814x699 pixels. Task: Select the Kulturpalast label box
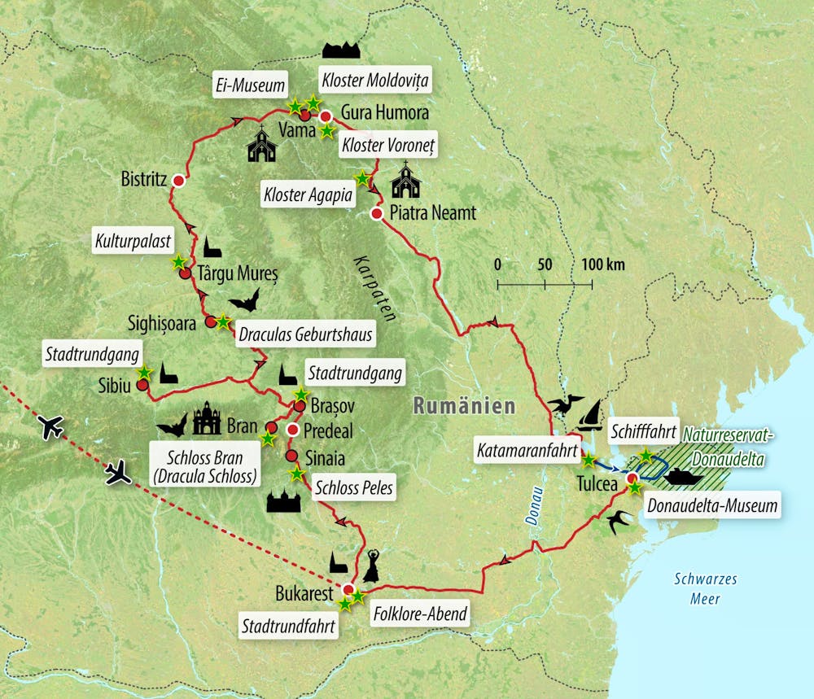click(133, 242)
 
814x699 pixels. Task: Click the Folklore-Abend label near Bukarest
click(419, 614)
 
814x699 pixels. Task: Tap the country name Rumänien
click(464, 405)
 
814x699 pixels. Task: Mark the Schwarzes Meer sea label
click(705, 588)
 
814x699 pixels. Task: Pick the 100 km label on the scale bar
click(603, 265)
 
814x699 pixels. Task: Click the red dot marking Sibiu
click(142, 386)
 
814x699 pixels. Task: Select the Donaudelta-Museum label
click(712, 506)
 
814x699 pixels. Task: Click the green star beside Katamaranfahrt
click(588, 460)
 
